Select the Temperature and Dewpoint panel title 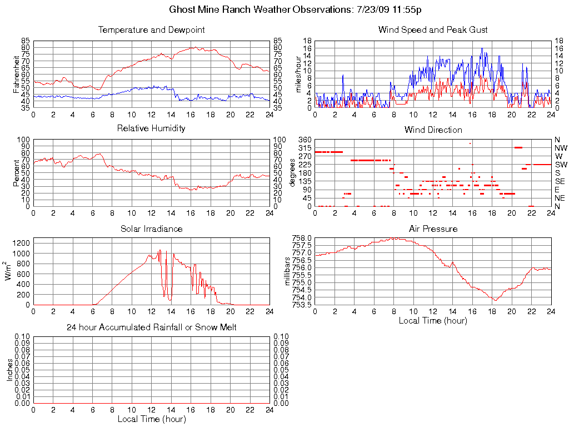tap(151, 29)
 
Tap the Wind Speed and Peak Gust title tap(433, 29)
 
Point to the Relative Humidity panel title tap(151, 128)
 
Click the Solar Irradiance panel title tap(151, 229)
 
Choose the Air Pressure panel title tap(433, 229)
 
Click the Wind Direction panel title tap(433, 130)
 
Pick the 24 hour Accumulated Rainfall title tap(151, 327)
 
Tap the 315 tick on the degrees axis tap(305, 148)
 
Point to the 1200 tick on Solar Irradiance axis tap(21, 243)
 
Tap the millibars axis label tap(288, 271)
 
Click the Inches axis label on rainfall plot tap(9, 369)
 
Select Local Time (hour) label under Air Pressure tap(433, 320)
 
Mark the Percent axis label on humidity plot tap(16, 173)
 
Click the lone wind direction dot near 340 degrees tap(470, 143)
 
